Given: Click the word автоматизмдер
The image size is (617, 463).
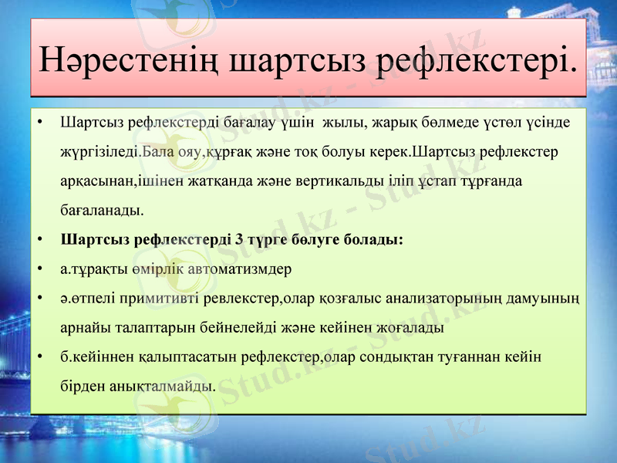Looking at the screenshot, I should click(x=243, y=269).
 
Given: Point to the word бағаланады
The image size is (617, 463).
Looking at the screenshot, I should click(x=100, y=209).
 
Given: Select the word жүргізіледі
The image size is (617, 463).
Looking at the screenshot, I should click(x=100, y=150).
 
